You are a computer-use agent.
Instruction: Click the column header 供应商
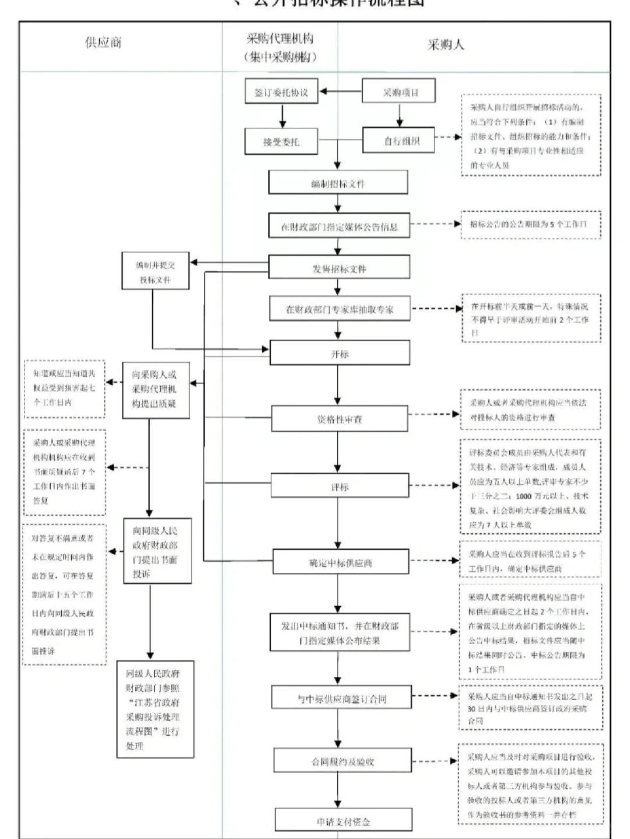103,43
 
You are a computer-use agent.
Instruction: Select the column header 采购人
446,45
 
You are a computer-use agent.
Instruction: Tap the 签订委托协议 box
281,92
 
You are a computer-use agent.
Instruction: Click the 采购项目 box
400,92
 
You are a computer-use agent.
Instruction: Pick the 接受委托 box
281,142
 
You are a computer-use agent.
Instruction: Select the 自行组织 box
400,141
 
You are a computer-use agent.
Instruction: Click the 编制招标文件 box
338,183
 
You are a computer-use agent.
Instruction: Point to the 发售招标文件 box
339,268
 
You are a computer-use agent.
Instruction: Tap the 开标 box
339,354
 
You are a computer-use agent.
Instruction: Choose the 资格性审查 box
339,419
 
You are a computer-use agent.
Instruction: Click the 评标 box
339,486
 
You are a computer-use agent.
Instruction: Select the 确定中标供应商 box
340,563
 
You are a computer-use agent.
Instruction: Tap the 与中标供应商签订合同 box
341,698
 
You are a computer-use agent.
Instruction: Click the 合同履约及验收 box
342,761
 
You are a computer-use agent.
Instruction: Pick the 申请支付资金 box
343,821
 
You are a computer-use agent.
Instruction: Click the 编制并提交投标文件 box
155,271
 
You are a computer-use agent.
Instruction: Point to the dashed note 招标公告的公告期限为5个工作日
530,225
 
